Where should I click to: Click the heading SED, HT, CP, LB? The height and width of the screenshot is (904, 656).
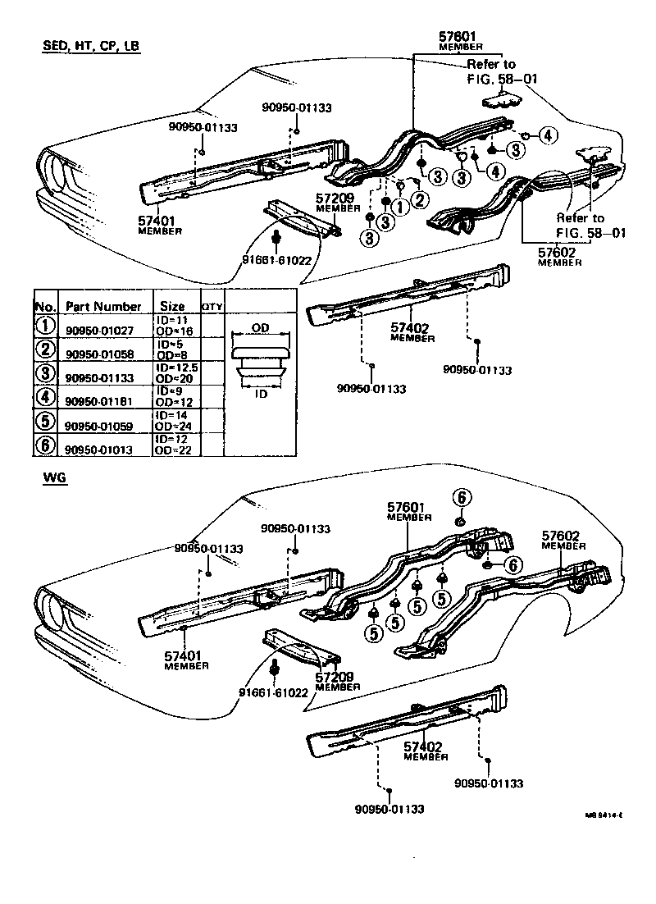(91, 47)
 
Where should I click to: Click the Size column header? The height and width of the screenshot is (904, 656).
(172, 306)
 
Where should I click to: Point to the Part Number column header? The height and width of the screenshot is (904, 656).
(102, 306)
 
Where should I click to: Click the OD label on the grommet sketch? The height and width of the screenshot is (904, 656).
(260, 326)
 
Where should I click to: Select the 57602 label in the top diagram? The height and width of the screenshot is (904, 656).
(559, 253)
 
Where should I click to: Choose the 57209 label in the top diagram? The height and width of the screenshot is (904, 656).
(333, 199)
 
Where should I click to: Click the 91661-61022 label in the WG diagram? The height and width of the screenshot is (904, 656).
(273, 692)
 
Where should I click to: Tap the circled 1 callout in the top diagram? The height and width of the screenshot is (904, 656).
(399, 207)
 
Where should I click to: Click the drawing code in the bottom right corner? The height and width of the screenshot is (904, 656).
(604, 815)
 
